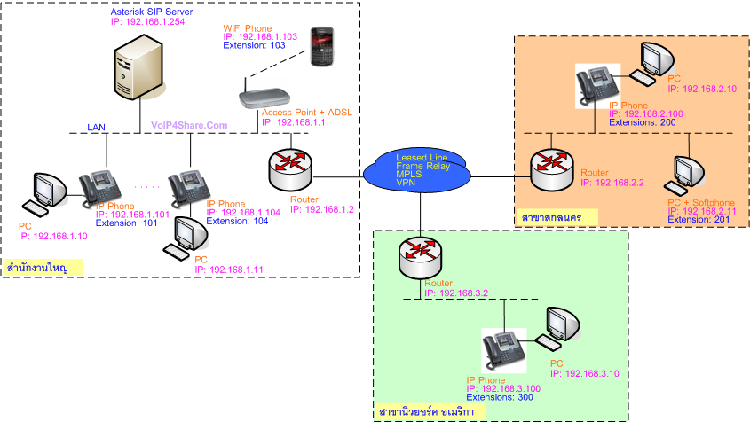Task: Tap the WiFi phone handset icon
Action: pyautogui.click(x=320, y=45)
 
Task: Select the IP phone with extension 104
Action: pyautogui.click(x=187, y=186)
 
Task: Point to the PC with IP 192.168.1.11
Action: pyautogui.click(x=190, y=237)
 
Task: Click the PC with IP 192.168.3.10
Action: pyautogui.click(x=563, y=329)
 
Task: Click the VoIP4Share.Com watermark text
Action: pyautogui.click(x=190, y=126)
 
